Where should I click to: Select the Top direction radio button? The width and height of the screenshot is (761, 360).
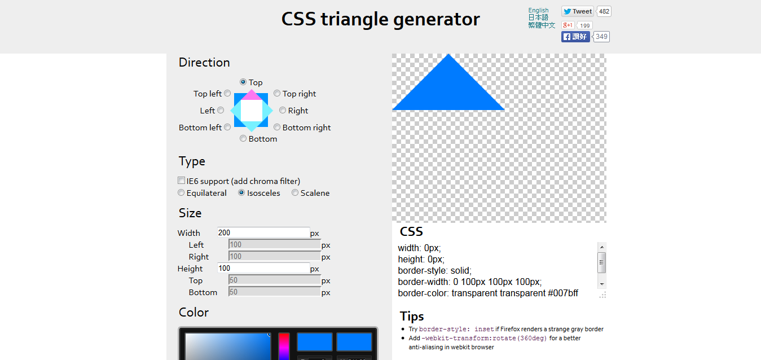[243, 82]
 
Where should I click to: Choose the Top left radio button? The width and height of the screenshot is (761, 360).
[227, 93]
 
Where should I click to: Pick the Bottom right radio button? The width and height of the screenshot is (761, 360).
[277, 127]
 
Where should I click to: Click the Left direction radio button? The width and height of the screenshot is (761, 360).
[221, 110]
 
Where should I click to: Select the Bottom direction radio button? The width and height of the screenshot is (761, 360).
[243, 138]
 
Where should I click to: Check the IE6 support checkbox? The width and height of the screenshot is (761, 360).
[181, 181]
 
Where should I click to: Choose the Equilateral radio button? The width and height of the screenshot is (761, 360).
[181, 192]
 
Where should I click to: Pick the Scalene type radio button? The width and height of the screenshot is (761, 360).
[295, 192]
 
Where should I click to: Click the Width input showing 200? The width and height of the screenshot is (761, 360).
[263, 232]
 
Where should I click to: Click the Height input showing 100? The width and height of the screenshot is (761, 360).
[263, 269]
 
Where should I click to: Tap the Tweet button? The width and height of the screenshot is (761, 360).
[577, 11]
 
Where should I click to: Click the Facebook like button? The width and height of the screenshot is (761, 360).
[575, 37]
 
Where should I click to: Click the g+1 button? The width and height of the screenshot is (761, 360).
[568, 25]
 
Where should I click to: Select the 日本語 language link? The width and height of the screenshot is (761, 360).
[538, 17]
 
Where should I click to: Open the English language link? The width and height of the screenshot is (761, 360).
[538, 10]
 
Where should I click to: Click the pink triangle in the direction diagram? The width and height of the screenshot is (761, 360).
[251, 95]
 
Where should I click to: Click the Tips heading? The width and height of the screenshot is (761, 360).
[412, 316]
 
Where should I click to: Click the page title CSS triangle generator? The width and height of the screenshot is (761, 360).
[380, 19]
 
